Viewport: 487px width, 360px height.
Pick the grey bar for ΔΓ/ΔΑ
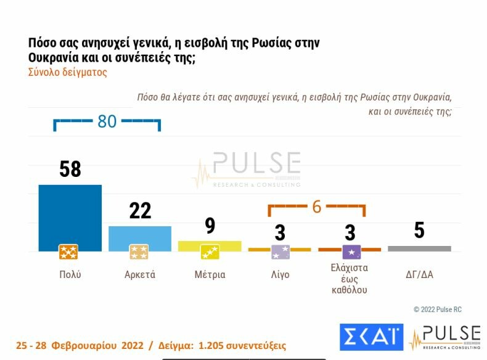tap(419, 248)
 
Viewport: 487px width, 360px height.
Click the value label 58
tap(70, 169)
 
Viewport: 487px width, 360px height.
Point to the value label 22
tap(140, 210)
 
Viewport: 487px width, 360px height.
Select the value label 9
tap(210, 226)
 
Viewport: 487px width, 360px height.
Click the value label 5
tap(419, 231)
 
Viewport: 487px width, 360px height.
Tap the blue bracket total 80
tap(107, 121)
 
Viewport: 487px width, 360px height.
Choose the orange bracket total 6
tap(317, 207)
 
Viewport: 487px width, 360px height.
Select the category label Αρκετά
tap(140, 275)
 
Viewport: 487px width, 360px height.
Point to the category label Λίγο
tap(280, 275)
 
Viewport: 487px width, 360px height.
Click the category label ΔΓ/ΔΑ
tap(419, 275)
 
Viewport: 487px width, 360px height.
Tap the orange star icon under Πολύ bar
tap(68, 252)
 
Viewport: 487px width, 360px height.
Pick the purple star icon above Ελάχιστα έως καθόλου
tap(351, 252)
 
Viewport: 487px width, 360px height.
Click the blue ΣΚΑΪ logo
tap(371, 337)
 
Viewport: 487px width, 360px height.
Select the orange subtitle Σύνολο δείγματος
tap(68, 72)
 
